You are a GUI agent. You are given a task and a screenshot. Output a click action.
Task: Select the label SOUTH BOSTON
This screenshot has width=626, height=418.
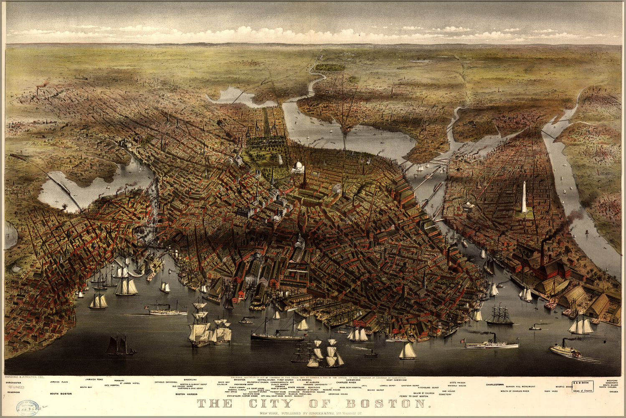61,394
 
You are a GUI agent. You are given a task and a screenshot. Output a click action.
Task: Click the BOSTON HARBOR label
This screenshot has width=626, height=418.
186,394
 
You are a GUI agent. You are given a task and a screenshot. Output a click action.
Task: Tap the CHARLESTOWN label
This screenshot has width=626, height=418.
497,384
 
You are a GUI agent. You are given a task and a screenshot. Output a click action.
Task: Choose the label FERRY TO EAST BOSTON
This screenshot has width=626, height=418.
413,395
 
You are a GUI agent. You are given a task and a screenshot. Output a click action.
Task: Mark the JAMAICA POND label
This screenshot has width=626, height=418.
94,379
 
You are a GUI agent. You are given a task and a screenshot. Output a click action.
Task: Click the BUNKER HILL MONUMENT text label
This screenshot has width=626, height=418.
517,387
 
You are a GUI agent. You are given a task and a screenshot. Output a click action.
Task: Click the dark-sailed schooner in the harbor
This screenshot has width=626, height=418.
119,346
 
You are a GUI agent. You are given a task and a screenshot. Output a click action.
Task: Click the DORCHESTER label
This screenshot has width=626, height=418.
15,382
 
